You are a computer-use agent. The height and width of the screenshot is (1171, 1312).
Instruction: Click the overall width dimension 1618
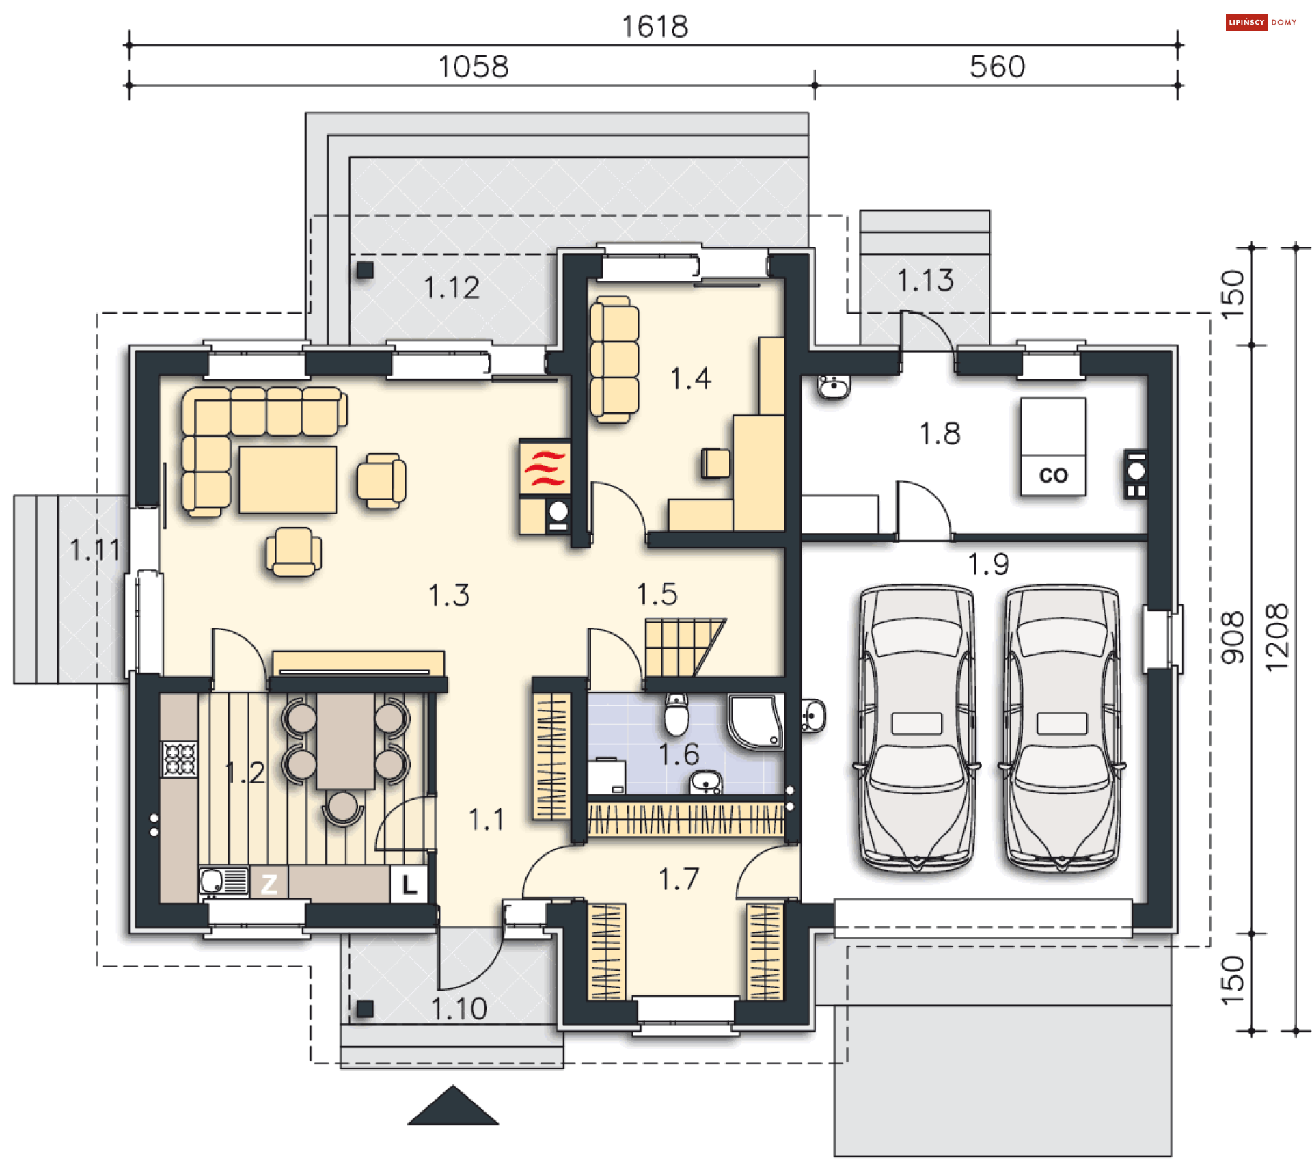coord(655,27)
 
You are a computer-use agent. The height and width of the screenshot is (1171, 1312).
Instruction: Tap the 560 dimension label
coord(997,67)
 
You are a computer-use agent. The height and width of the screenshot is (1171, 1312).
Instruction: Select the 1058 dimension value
coord(473,67)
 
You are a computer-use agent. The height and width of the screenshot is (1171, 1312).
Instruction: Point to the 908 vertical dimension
coord(1232,637)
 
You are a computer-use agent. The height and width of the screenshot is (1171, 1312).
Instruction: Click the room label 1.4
coord(691,378)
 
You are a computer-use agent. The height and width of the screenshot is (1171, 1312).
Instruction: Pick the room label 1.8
coord(940,433)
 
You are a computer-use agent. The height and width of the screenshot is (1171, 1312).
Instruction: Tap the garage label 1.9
coord(988,564)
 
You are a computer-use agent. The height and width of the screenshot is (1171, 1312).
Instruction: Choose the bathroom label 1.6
coord(679,754)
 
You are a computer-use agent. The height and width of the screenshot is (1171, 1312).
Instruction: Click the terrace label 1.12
coord(452,288)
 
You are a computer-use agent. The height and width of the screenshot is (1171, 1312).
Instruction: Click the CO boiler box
coord(1052,446)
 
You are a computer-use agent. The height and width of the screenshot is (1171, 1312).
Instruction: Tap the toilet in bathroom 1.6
coord(676,714)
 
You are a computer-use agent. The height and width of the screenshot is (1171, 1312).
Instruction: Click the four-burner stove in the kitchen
coord(179,759)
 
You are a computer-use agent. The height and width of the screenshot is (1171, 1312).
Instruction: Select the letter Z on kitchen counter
coord(269,885)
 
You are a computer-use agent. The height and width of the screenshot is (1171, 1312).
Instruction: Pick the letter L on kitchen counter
coord(409,885)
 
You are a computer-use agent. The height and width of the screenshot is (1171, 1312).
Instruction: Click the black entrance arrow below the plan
coord(453,1105)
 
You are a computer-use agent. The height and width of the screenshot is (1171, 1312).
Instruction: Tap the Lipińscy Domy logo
coord(1261,23)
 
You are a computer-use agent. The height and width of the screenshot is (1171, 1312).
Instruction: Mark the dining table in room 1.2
coord(345,741)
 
